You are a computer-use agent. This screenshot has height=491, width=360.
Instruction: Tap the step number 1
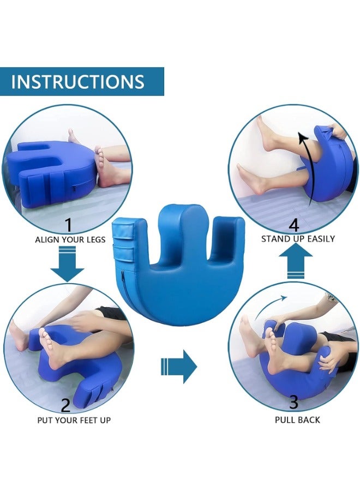pos(68,224)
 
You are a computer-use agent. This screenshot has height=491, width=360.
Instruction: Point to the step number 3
pos(293,403)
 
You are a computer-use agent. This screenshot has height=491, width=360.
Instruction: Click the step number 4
pos(293,224)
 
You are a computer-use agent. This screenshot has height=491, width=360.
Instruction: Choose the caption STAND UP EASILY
pos(298,238)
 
